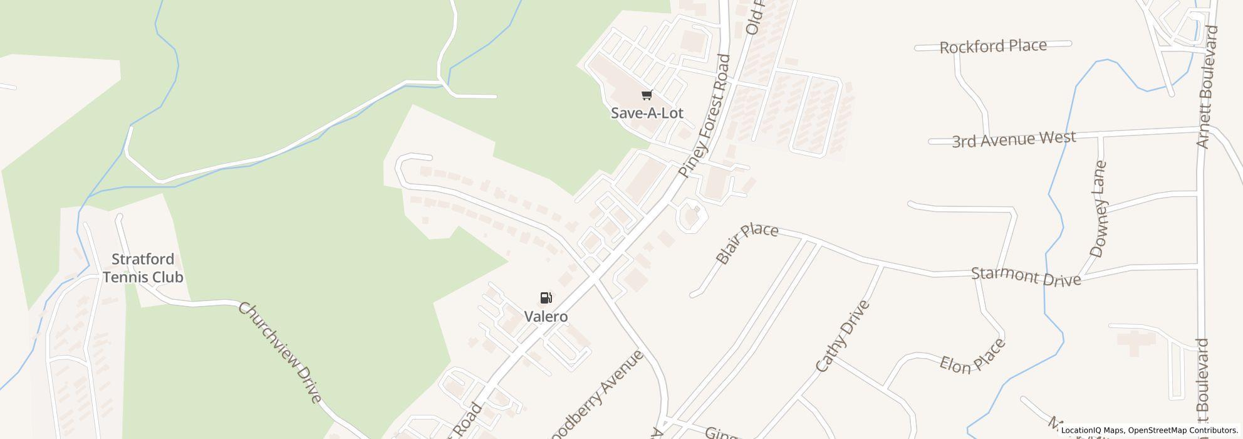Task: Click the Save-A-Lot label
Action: [647, 114]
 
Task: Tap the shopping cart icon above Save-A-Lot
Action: [647, 95]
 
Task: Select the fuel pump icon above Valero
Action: [546, 298]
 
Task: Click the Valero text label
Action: [546, 317]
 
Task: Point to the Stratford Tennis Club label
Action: [143, 268]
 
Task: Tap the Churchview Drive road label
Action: [280, 353]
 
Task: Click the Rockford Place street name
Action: [993, 46]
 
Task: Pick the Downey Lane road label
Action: [1099, 209]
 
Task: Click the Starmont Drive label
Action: [1026, 275]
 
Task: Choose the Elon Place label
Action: [972, 357]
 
